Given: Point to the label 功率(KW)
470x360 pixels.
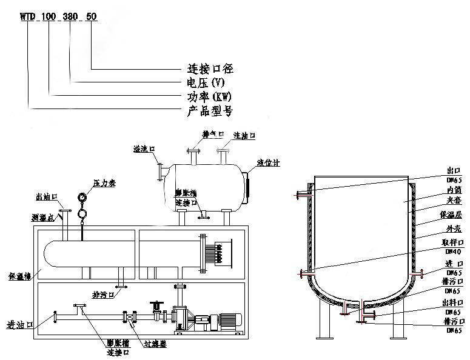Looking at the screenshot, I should (209, 97).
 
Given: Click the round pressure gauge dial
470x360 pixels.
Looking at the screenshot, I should (82, 198).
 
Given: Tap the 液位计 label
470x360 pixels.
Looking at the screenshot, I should (269, 163).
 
